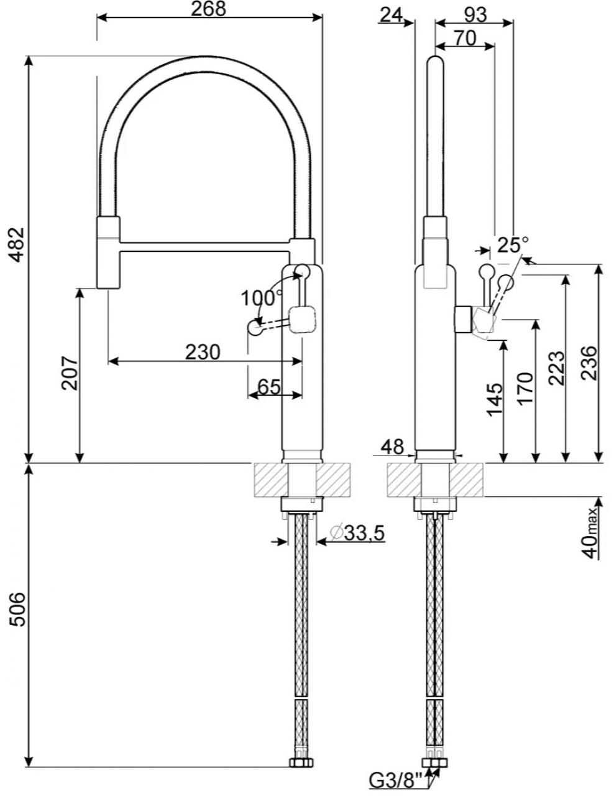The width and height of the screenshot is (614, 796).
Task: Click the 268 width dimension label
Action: [209, 9]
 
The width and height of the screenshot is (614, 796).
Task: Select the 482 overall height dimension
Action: [17, 244]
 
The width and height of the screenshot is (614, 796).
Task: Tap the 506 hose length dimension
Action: [17, 609]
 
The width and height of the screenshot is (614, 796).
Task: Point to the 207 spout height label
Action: [70, 373]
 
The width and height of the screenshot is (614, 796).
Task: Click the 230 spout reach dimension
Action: [203, 352]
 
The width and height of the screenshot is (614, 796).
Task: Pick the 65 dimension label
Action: [269, 386]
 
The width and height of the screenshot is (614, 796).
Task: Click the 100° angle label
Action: [262, 298]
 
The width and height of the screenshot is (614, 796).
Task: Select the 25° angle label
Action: [513, 244]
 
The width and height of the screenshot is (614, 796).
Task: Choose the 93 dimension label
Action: [476, 15]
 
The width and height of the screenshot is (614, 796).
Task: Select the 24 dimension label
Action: [391, 15]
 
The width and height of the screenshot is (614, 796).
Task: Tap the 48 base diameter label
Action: [392, 447]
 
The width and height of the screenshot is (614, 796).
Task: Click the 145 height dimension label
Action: [495, 400]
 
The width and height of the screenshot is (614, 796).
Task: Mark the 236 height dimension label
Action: [589, 363]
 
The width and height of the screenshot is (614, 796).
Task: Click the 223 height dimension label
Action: [556, 368]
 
